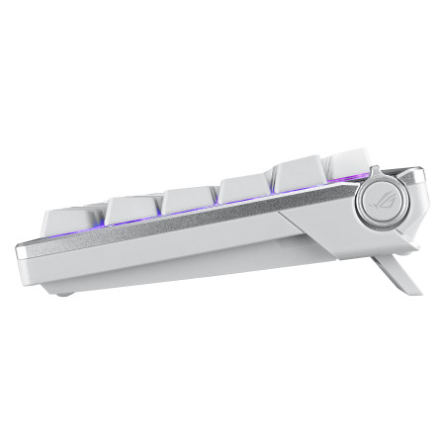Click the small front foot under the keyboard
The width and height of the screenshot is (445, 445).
66,290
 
